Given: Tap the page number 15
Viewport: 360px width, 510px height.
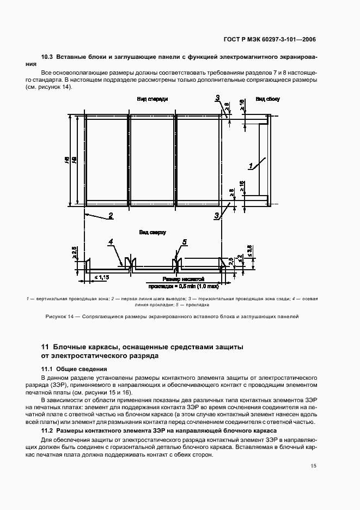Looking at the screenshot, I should (x=313, y=465).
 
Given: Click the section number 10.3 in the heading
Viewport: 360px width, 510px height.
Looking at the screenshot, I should (x=47, y=57).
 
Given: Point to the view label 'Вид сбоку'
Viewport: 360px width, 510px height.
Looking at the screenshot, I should (x=267, y=99).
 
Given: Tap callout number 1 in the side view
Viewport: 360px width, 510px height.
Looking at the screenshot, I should (x=251, y=166).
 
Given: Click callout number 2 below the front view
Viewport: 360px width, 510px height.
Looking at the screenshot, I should (x=110, y=215).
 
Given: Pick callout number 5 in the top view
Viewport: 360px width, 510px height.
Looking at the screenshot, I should (x=184, y=242).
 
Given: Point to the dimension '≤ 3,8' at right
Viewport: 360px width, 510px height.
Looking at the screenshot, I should (x=249, y=250).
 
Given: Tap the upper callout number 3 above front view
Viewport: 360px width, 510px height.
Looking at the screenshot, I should (x=217, y=98).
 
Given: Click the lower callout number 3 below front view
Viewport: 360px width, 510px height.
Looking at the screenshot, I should (x=217, y=216).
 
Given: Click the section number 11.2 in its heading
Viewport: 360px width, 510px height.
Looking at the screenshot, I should (x=47, y=430).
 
